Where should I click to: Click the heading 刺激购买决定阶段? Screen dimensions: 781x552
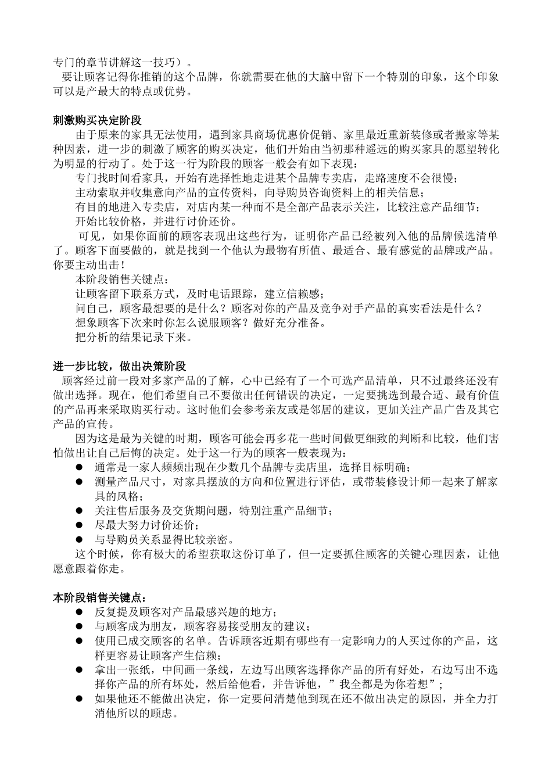97,121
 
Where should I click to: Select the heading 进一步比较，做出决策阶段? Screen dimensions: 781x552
119,366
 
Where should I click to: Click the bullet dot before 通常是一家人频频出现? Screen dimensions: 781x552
80,467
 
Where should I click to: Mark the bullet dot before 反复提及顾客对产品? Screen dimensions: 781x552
80,612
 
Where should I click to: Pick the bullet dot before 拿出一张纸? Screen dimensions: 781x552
80,669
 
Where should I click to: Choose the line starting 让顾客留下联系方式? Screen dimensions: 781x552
200,293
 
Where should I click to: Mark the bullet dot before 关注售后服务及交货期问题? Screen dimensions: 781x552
80,511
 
